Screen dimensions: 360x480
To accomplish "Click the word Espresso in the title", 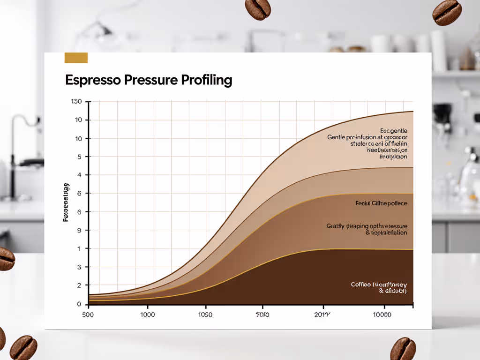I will [x=93, y=80].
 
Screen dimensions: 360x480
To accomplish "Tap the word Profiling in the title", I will [x=207, y=80].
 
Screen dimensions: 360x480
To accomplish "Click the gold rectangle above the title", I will [x=76, y=58].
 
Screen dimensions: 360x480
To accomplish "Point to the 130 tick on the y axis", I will [x=76, y=102].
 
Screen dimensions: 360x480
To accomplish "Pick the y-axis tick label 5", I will [x=79, y=157].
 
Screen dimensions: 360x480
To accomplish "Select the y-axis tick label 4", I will [x=79, y=175].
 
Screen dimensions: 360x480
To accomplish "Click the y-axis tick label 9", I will [x=79, y=230].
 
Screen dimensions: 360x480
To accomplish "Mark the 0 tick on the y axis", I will [x=79, y=304].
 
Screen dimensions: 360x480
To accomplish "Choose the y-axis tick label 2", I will [x=79, y=285].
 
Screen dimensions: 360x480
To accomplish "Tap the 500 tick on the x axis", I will [x=88, y=315].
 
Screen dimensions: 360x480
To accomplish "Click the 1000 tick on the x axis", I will [x=147, y=315].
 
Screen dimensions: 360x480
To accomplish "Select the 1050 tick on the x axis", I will [x=205, y=315].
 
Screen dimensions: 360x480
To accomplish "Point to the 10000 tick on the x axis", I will [x=382, y=315].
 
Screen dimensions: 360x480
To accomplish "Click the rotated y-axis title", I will [x=66, y=202].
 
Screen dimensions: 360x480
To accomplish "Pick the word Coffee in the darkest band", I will [x=361, y=285].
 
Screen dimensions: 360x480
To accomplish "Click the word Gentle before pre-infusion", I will [x=336, y=137].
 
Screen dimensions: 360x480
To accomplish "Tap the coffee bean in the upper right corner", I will [x=447, y=13].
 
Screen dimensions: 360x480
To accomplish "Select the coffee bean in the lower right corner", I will [x=403, y=348].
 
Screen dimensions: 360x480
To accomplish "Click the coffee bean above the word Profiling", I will [x=258, y=9].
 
